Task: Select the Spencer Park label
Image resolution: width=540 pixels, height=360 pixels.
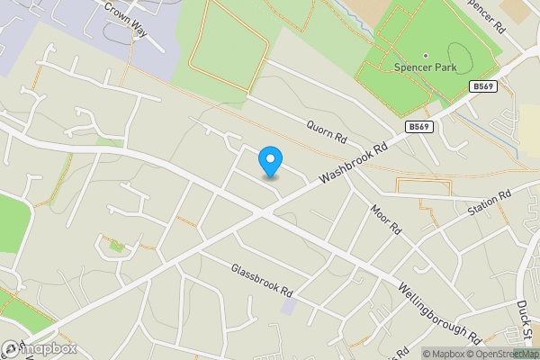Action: (x=426, y=67)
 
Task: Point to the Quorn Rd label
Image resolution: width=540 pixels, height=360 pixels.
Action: (x=326, y=133)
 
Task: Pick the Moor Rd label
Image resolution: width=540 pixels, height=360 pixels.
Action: (x=385, y=219)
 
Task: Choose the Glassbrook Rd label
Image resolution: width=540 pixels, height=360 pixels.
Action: (x=262, y=281)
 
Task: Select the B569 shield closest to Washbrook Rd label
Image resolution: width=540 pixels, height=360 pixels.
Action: (x=418, y=127)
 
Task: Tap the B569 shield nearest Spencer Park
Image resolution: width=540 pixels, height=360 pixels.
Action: (x=481, y=86)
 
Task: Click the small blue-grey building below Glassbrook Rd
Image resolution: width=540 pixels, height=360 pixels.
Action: (x=287, y=306)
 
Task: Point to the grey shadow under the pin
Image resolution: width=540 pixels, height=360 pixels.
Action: (x=270, y=176)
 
